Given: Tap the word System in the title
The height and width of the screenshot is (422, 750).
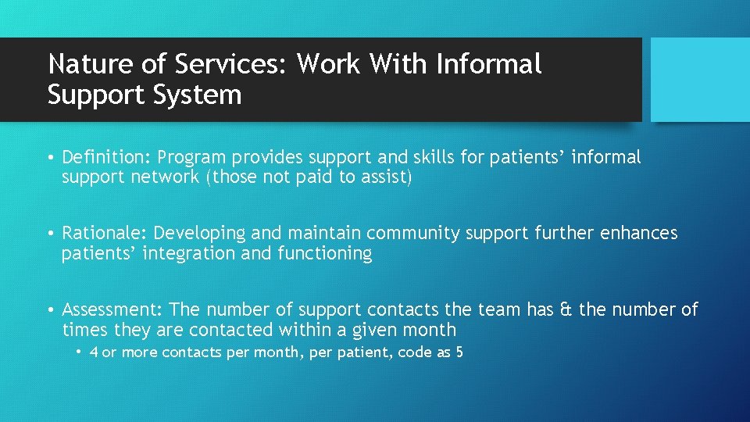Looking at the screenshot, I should [x=205, y=95].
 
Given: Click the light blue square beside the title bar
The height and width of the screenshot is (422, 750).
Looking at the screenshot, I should [x=700, y=80].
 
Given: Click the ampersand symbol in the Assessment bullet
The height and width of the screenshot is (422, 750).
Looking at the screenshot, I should [x=566, y=310].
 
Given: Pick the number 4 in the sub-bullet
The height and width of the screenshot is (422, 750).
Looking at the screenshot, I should [x=94, y=352].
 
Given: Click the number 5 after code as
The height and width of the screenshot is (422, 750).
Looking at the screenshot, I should [x=459, y=352].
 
